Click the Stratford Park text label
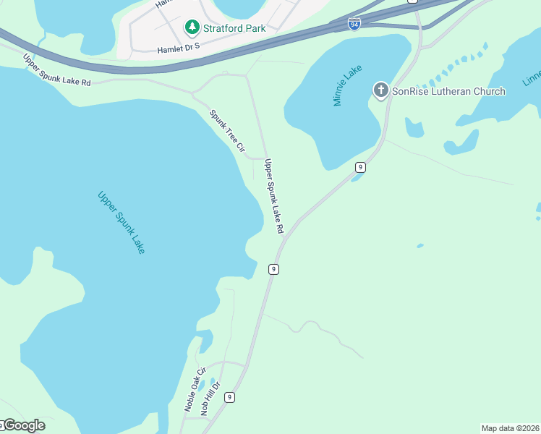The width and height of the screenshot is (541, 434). pos(234,28)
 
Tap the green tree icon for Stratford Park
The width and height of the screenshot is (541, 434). pos(192,27)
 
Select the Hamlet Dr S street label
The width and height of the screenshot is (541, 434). pos(178,50)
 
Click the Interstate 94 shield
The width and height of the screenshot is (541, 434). pos(354,24)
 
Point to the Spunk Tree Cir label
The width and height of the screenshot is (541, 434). pos(228,131)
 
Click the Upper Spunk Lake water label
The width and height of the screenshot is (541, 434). pos(122,222)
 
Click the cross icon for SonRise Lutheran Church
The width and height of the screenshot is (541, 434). pos(380,90)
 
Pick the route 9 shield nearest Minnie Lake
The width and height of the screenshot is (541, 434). pos(359,167)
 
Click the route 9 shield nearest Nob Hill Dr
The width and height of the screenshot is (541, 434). pos(229,397)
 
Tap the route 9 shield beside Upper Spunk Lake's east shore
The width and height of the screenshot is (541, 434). pos(273,269)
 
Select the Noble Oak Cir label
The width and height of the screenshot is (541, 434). pos(192,388)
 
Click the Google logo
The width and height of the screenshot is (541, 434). pos(23,425)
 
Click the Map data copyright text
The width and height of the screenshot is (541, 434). pos(510,428)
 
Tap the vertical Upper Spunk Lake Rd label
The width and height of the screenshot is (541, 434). pos(274,196)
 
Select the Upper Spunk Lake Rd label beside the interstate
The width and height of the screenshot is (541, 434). pos(56,70)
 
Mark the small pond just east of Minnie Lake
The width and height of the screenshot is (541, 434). pos(414,129)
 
